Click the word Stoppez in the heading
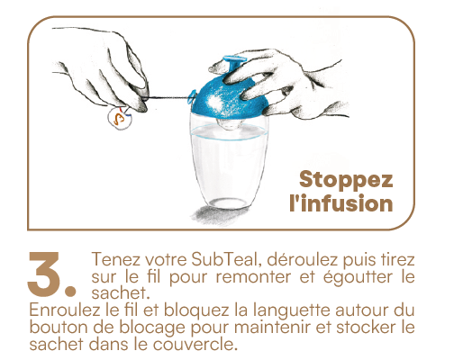pyautogui.click(x=346, y=180)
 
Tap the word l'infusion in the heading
pyautogui.click(x=341, y=203)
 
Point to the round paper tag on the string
pyautogui.click(x=120, y=118)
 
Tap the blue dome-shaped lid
pyautogui.click(x=230, y=97)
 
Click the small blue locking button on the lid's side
pyautogui.click(x=192, y=96)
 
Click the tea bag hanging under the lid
pyautogui.click(x=229, y=123)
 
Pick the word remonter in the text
pyautogui.click(x=254, y=276)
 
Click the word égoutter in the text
pyautogui.click(x=358, y=277)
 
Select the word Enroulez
pyautogui.click(x=65, y=310)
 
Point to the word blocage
pyautogui.click(x=151, y=328)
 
